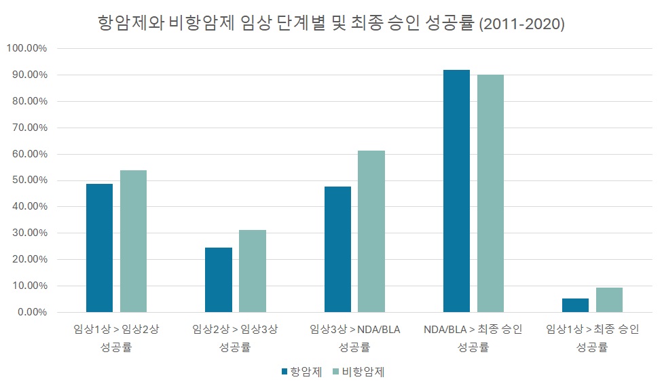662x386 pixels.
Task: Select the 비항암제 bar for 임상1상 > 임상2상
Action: point(134,241)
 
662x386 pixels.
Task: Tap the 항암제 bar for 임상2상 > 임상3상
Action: point(219,279)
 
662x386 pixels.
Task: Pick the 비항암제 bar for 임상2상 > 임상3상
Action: point(253,271)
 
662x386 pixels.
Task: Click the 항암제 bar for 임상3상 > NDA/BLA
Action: point(337,249)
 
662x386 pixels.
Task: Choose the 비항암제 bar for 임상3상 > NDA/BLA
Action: point(371,231)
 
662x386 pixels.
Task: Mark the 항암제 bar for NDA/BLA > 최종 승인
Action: point(456,191)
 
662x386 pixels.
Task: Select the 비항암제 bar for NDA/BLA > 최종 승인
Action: point(490,193)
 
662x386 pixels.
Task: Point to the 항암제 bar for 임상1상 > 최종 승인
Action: point(575,305)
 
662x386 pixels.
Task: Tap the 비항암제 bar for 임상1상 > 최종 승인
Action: point(609,300)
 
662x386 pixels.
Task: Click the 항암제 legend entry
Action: point(301,372)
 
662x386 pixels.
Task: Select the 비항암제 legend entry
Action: point(358,372)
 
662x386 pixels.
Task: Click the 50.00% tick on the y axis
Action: point(28,180)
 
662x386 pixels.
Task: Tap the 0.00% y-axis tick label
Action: point(30,312)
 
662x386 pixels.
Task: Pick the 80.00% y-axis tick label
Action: point(28,101)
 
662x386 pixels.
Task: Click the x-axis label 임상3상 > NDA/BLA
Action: point(354,338)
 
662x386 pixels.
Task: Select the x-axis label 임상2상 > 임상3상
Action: point(235,338)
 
